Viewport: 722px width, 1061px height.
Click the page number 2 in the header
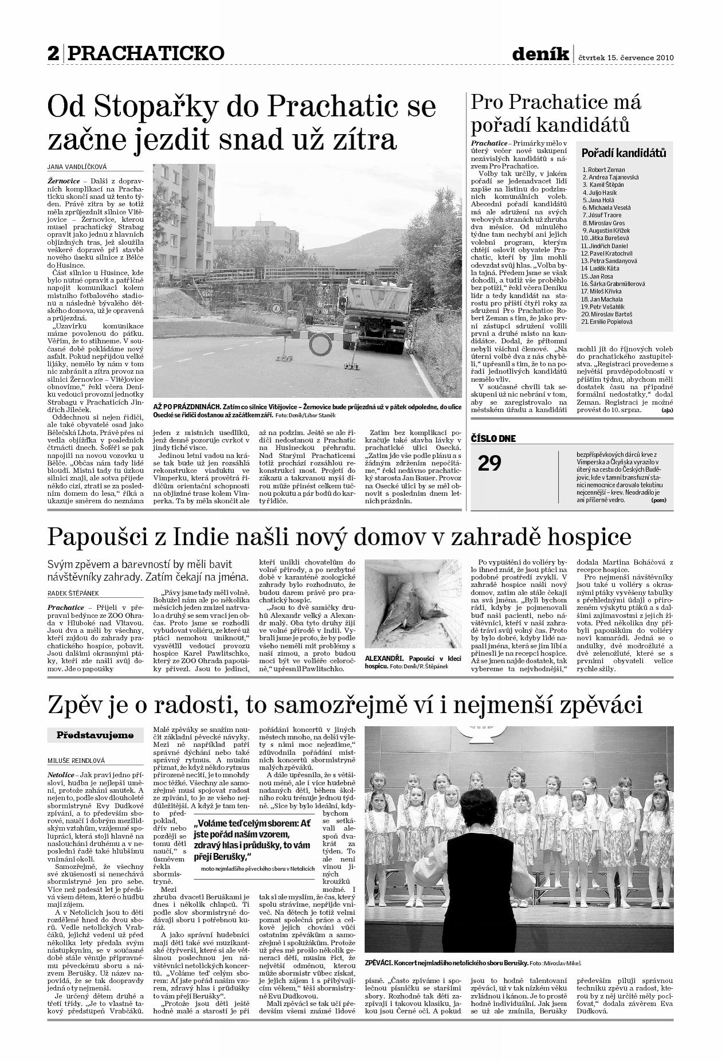53,53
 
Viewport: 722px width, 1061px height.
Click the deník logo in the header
540,54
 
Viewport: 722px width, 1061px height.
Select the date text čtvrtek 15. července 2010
626,57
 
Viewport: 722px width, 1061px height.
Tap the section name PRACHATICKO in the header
146,53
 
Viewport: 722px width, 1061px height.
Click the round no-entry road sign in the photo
320,344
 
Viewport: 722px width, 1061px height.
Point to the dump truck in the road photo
378,313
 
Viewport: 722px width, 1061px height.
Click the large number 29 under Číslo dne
489,463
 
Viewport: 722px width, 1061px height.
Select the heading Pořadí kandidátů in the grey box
623,153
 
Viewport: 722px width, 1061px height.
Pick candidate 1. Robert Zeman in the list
603,170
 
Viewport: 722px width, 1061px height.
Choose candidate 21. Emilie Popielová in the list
606,322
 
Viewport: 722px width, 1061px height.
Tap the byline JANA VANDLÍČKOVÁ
77,167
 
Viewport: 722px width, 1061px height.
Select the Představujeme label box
95,735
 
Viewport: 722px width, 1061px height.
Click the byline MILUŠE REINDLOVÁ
76,761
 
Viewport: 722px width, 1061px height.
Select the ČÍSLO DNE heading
493,439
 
